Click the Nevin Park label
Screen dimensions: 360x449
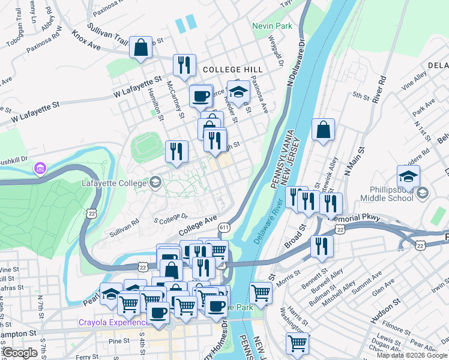pyautogui.click(x=272, y=26)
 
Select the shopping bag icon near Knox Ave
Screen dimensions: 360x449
pyautogui.click(x=140, y=49)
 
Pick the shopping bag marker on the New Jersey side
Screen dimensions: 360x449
pyautogui.click(x=323, y=130)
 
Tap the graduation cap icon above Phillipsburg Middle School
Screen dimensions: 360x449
pyautogui.click(x=408, y=177)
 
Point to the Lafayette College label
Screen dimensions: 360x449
pyautogui.click(x=114, y=182)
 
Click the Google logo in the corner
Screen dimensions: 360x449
pyautogui.click(x=20, y=353)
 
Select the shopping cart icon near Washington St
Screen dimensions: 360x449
pyautogui.click(x=297, y=344)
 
